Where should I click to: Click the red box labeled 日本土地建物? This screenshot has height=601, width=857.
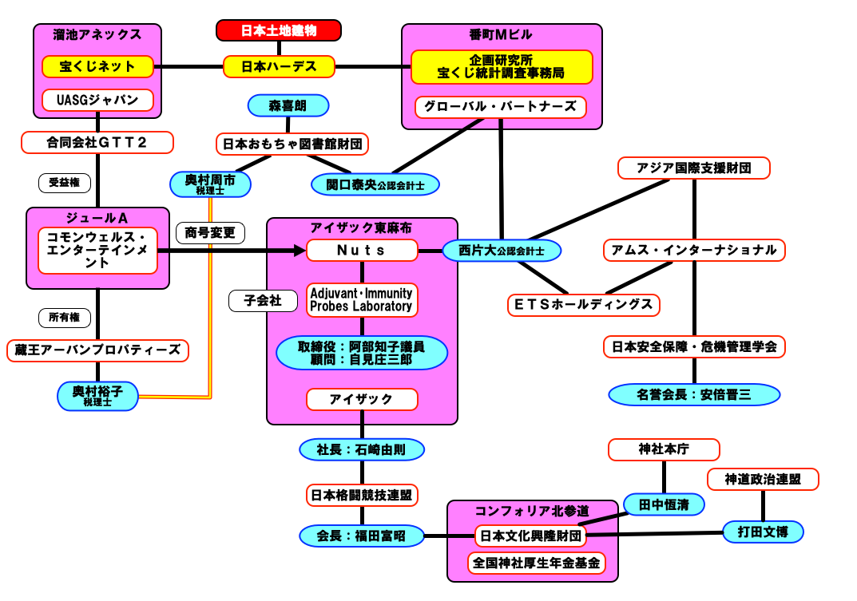point(279,30)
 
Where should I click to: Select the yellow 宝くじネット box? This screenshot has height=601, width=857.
point(97,66)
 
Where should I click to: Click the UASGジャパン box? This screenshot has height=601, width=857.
point(97,101)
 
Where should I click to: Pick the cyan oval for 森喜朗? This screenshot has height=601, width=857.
point(288,105)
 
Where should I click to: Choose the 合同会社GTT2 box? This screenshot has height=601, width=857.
point(97,143)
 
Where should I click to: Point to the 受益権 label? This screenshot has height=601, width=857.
point(65,183)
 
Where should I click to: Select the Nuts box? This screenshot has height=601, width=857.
point(362,251)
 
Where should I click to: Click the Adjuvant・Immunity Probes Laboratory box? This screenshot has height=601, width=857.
point(362,299)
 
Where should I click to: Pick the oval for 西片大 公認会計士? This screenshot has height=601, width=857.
point(502,251)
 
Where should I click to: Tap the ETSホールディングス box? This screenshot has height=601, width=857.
point(584,304)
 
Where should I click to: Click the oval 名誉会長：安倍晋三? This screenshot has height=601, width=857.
point(694,394)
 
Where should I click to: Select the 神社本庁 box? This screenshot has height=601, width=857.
point(664,449)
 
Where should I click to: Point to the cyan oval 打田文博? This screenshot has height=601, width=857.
point(763,531)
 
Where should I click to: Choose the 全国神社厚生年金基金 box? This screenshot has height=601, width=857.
point(536,563)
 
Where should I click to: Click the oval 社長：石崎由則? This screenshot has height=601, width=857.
point(362,449)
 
